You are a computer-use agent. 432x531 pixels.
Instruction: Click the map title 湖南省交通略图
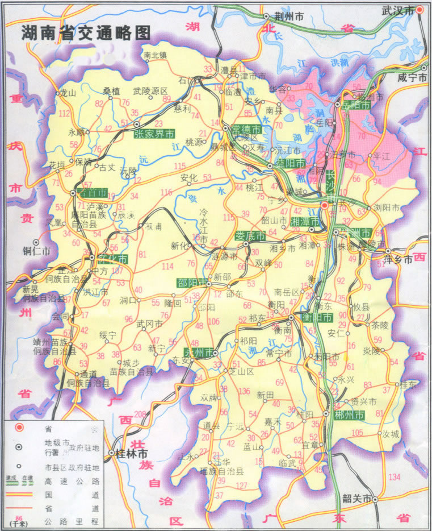pos(86,33)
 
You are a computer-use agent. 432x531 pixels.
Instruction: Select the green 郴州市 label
pos(349,416)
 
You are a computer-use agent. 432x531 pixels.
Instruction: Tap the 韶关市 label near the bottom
pos(357,499)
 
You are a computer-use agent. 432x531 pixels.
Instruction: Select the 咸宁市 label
pos(412,78)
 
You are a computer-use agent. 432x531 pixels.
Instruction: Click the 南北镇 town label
pos(155,55)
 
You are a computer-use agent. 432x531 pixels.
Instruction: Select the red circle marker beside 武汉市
pos(420,10)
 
